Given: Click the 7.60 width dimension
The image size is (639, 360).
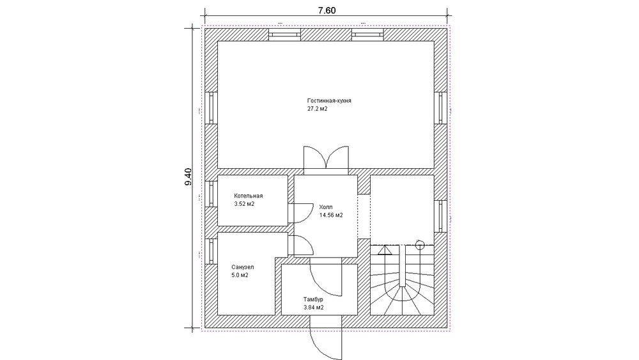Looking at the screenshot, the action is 327,10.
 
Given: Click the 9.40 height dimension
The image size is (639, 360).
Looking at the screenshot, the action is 188,177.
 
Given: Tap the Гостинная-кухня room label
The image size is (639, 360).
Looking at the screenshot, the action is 329,100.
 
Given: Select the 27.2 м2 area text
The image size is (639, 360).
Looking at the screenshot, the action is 318,109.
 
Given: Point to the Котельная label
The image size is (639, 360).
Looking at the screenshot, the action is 248,196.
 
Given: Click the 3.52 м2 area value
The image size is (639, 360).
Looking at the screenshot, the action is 244,204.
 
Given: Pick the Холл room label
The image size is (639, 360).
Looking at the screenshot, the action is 326,207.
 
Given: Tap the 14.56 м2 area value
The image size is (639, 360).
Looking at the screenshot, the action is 331,215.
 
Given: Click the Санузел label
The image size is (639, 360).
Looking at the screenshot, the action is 242,267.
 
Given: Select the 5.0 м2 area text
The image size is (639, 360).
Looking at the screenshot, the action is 240,275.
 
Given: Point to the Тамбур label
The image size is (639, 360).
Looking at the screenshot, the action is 313,300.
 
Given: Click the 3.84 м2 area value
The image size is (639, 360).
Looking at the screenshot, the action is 313,308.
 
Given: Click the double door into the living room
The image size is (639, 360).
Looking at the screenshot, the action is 326,157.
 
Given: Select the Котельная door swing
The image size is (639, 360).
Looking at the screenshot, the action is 303,213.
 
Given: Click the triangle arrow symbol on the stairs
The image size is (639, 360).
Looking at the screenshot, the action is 385,250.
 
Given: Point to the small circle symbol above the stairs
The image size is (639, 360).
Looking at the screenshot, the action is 420,245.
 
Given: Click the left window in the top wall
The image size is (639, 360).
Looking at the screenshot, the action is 285,35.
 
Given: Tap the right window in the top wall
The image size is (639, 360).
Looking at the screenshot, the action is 367,35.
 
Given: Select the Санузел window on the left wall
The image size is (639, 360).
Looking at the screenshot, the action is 211,251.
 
